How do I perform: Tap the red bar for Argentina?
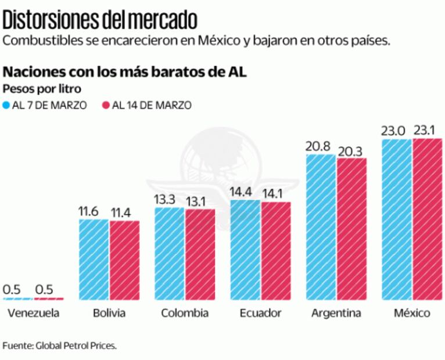click(351, 229)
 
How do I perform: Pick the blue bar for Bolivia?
click(94, 260)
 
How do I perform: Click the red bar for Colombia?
click(200, 254)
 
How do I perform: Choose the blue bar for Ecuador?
click(245, 250)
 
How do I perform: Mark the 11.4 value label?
click(124, 212)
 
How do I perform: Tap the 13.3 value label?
click(169, 199)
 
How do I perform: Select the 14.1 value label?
click(275, 193)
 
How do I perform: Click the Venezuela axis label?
click(34, 314)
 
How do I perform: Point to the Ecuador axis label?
click(260, 314)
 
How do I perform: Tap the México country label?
click(412, 314)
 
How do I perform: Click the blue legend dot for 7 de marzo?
click(7, 106)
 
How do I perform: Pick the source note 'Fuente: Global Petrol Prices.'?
click(60, 345)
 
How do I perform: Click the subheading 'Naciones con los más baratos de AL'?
click(125, 72)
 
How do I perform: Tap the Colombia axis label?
click(185, 314)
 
